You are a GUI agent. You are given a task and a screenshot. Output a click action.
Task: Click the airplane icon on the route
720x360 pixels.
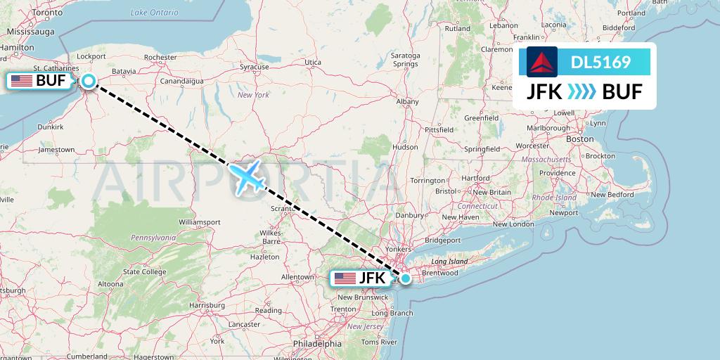(246, 176)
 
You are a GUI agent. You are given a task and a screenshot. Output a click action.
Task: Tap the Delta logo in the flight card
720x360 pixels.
(541, 62)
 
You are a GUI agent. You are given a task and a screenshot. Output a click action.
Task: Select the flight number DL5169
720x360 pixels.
(600, 63)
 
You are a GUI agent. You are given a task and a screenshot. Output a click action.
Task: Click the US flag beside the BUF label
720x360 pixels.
(21, 81)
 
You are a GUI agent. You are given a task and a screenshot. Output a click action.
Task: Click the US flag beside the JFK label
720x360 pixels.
(345, 278)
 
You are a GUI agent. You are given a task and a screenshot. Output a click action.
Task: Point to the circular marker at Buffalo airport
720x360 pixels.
(89, 81)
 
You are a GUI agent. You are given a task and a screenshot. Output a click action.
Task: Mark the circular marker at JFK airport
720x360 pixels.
(406, 278)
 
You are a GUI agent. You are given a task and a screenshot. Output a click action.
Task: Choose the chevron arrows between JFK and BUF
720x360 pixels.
(581, 91)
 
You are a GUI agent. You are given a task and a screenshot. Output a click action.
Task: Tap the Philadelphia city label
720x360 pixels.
(319, 344)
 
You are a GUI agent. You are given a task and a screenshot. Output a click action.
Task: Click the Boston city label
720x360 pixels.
(580, 139)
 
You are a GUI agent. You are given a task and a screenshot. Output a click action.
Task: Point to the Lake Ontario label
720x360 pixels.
(155, 13)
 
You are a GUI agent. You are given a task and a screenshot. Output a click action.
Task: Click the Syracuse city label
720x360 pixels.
(254, 67)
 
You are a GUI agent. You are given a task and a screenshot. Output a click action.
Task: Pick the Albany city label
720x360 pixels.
(408, 102)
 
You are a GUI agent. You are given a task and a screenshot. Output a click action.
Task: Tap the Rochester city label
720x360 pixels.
(160, 58)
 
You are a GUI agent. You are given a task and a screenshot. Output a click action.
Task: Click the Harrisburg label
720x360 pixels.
(206, 305)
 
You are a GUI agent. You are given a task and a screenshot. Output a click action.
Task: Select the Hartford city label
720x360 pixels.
(476, 179)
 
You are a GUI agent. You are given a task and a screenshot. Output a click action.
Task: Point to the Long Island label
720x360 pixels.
(449, 262)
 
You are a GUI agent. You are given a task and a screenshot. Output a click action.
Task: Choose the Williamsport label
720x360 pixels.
(200, 222)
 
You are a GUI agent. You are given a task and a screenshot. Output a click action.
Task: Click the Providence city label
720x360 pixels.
(558, 173)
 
